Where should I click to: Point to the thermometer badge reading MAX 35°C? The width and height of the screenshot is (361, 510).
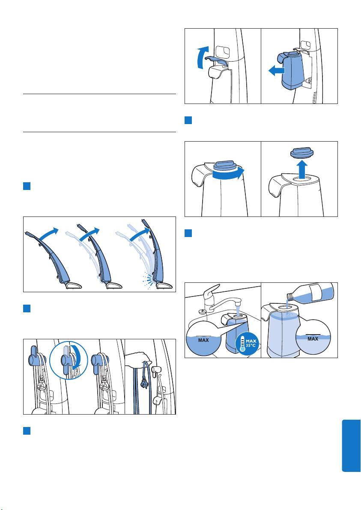(x=247, y=344)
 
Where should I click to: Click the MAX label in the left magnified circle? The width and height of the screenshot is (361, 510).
(x=203, y=340)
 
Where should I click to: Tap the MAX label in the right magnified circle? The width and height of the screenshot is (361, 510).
(x=313, y=339)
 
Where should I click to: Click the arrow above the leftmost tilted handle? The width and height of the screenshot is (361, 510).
(x=48, y=234)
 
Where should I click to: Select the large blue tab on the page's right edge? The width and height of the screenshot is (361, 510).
(x=351, y=445)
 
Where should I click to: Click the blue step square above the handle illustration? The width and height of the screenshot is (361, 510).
(x=27, y=186)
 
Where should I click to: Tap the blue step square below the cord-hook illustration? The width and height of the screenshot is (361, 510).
(x=27, y=431)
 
